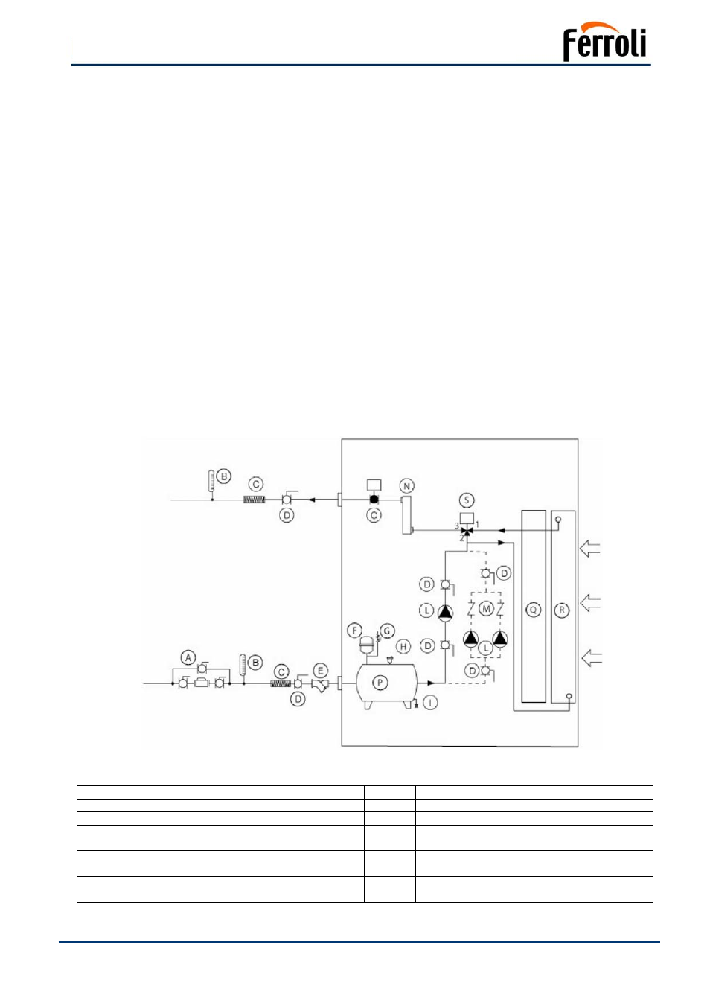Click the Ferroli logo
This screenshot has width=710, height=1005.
pyautogui.click(x=604, y=41)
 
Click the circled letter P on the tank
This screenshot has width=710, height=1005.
pyautogui.click(x=380, y=683)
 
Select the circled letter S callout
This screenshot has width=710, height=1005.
pyautogui.click(x=467, y=500)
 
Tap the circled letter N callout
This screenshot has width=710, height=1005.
pyautogui.click(x=406, y=486)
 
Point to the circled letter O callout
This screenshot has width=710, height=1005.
pyautogui.click(x=374, y=515)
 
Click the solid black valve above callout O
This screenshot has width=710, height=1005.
pyautogui.click(x=374, y=500)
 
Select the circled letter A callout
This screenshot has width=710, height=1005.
pyautogui.click(x=188, y=658)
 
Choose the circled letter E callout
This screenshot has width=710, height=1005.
pyautogui.click(x=320, y=671)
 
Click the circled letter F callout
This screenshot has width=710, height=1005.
pyautogui.click(x=354, y=631)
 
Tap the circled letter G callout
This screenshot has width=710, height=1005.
pyautogui.click(x=387, y=631)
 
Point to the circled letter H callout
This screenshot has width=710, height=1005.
pyautogui.click(x=403, y=646)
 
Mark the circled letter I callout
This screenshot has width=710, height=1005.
pyautogui.click(x=430, y=703)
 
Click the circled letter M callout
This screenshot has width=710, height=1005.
pyautogui.click(x=486, y=609)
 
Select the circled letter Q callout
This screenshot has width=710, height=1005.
pyautogui.click(x=533, y=610)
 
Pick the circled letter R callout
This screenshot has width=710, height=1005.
pyautogui.click(x=562, y=610)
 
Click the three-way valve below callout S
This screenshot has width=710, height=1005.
pyautogui.click(x=467, y=532)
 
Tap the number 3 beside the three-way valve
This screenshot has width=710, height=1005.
pyautogui.click(x=457, y=526)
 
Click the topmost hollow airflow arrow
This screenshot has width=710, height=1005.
pyautogui.click(x=589, y=548)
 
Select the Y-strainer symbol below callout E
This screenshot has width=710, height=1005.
pyautogui.click(x=320, y=686)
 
